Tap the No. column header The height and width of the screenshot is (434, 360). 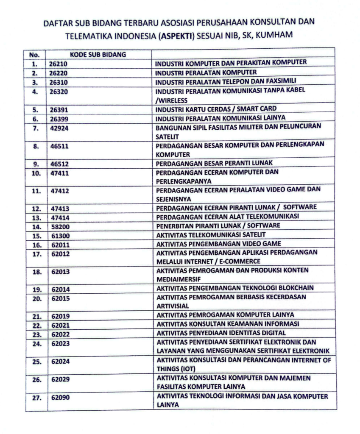click(34, 55)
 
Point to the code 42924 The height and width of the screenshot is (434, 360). click(60, 128)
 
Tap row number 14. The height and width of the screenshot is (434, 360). click(36, 227)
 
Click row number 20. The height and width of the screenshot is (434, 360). click(36, 299)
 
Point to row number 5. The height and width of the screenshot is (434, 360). click(35, 109)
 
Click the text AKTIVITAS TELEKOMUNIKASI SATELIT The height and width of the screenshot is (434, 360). click(217, 235)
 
